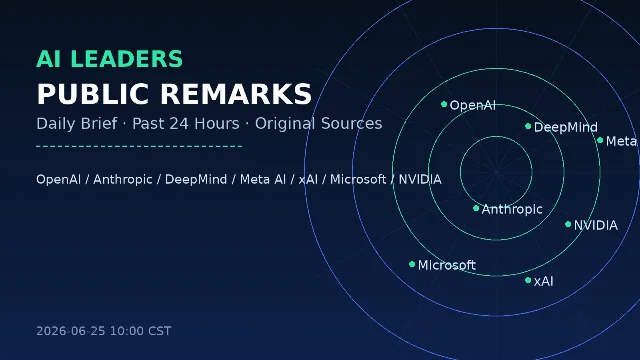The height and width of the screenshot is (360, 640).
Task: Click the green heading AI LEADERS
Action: (x=109, y=59)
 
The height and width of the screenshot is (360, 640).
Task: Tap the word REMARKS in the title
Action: (x=236, y=94)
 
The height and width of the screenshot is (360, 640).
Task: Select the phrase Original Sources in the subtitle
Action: (x=318, y=124)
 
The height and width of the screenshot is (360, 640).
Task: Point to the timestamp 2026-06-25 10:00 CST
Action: (x=104, y=331)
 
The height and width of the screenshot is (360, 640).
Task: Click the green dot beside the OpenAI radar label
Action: (x=444, y=104)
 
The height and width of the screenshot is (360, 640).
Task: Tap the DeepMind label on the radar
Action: (x=565, y=127)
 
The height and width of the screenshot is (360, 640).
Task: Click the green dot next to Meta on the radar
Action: (x=600, y=140)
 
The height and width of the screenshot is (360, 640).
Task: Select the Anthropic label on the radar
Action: (x=512, y=209)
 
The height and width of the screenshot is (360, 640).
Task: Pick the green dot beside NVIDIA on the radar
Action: (x=568, y=224)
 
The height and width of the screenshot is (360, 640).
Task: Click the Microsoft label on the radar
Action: (x=447, y=265)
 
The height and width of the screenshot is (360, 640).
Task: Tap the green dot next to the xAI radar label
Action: (x=528, y=280)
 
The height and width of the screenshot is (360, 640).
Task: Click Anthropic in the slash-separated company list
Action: (x=122, y=180)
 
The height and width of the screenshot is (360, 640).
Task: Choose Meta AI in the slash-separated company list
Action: (x=262, y=180)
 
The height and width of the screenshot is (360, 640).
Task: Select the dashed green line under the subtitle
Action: (x=139, y=146)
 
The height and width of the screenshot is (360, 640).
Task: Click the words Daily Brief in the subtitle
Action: (x=77, y=124)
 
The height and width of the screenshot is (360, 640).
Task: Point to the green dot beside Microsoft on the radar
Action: (x=412, y=264)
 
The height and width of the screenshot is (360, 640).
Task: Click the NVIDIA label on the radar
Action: (x=596, y=225)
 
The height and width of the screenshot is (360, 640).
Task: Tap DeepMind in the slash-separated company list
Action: (x=196, y=180)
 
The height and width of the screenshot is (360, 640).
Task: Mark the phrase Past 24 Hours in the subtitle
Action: (x=186, y=124)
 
